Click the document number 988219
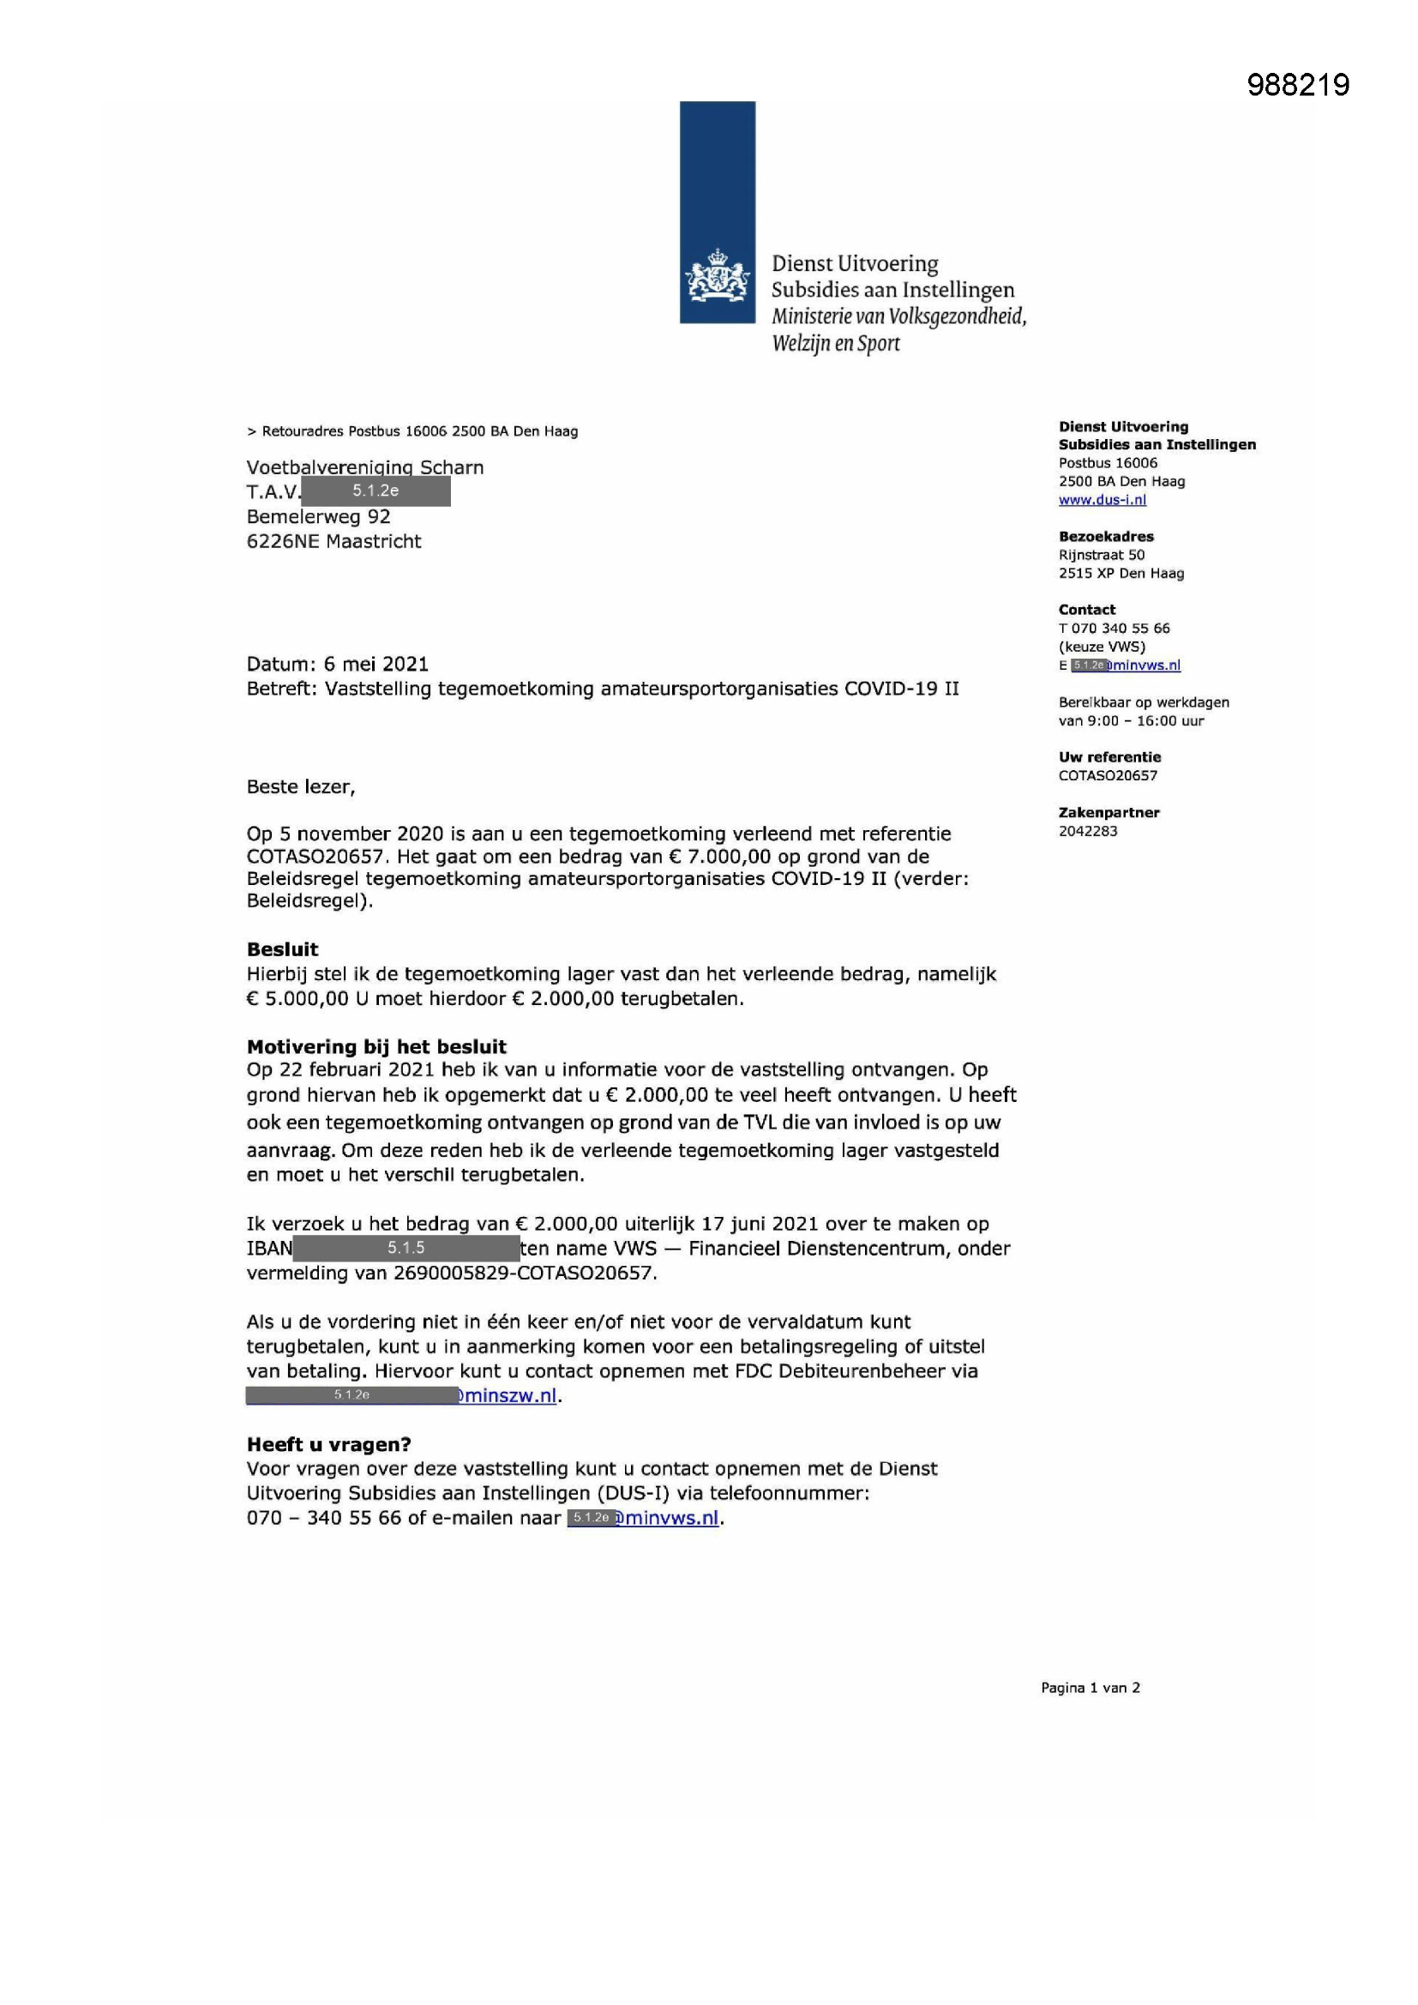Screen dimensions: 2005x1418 point(1297,85)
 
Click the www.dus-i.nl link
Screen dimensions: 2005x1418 point(1102,499)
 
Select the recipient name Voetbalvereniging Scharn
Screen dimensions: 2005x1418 point(365,467)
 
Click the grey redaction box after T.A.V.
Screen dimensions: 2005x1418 point(376,491)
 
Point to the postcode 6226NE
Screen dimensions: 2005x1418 point(283,541)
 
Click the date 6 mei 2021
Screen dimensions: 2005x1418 point(376,664)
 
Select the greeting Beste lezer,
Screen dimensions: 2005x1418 point(300,786)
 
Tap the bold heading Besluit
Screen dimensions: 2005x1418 point(282,949)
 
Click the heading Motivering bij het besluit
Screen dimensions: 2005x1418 point(376,1046)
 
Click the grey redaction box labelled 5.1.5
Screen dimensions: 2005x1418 point(406,1248)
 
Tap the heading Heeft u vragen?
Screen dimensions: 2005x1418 point(328,1444)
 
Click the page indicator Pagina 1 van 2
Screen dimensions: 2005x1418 point(1090,1688)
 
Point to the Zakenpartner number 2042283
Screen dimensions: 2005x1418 point(1088,830)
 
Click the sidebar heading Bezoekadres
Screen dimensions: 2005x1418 point(1105,536)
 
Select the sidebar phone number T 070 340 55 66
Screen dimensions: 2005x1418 point(1115,628)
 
